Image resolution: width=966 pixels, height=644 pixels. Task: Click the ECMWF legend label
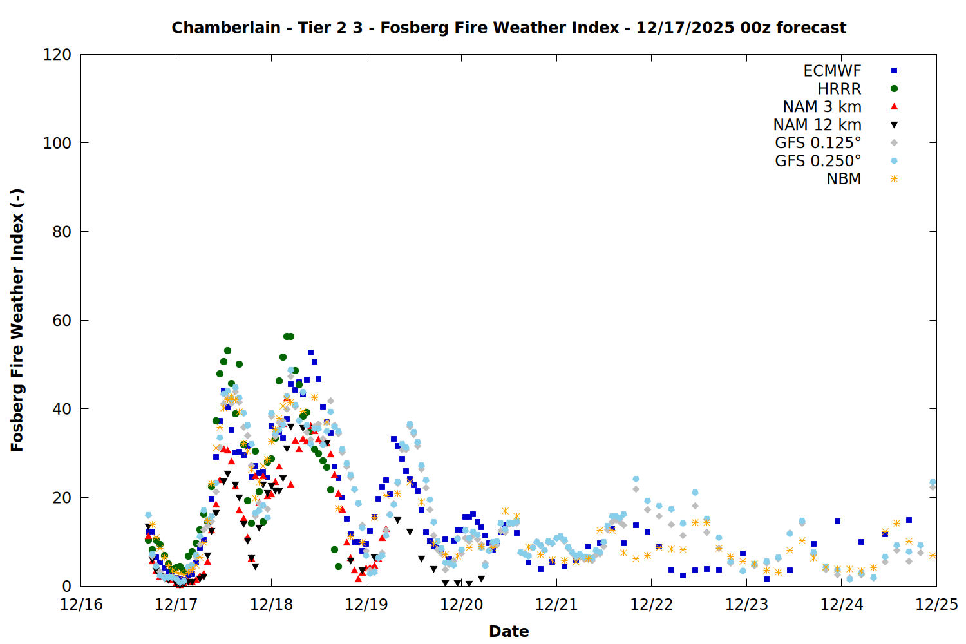click(x=832, y=71)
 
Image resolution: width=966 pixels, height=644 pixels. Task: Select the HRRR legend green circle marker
click(x=894, y=89)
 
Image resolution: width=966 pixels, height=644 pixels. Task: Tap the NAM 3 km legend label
click(x=822, y=107)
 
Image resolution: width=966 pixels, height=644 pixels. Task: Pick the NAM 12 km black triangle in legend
click(x=894, y=125)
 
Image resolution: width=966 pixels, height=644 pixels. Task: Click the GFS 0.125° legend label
click(x=818, y=143)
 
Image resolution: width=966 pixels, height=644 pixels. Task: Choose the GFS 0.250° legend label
click(x=818, y=161)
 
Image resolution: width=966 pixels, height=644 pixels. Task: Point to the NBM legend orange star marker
click(x=894, y=179)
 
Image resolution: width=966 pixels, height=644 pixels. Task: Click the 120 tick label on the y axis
click(x=57, y=55)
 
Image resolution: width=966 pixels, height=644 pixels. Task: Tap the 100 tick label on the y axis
click(x=57, y=143)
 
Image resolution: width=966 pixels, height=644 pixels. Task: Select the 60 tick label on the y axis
click(x=62, y=320)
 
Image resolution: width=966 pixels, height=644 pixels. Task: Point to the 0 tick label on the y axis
click(x=66, y=586)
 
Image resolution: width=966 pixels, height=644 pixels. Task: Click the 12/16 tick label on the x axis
click(x=81, y=605)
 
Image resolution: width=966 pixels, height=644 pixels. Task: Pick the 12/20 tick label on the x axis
click(x=462, y=605)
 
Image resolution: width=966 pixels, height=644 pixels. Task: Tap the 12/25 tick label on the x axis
click(x=936, y=605)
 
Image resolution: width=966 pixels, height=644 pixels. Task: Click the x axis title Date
click(x=509, y=631)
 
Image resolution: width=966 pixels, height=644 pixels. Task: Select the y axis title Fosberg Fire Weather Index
click(x=17, y=320)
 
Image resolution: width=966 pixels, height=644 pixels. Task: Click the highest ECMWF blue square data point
click(x=310, y=352)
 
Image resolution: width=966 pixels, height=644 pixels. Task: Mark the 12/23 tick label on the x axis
click(x=746, y=605)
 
